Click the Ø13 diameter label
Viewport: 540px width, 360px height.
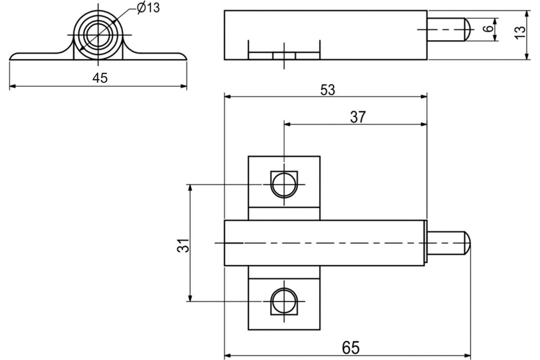(x=148, y=8)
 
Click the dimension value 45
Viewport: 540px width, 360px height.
(x=100, y=78)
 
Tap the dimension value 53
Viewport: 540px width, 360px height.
(x=328, y=90)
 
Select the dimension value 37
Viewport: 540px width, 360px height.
(x=358, y=117)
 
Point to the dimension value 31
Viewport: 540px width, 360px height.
(x=183, y=245)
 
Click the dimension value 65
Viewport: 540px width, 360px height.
(x=351, y=347)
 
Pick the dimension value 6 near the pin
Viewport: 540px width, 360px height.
(x=488, y=29)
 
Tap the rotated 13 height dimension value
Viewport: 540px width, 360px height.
(x=520, y=32)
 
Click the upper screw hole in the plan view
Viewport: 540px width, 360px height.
(x=284, y=184)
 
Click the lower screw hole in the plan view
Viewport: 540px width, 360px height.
(x=284, y=301)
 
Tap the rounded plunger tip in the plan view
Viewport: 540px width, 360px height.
(x=468, y=243)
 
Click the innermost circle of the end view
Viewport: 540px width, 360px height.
(x=98, y=35)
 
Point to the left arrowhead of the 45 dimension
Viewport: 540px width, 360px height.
(x=13, y=86)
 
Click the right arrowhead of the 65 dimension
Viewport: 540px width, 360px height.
(x=468, y=355)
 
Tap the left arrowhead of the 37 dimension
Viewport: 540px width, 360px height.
(x=288, y=124)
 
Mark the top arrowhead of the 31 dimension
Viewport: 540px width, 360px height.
(x=190, y=188)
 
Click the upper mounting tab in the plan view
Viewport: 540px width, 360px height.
(x=284, y=188)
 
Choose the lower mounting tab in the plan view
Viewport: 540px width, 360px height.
(x=284, y=298)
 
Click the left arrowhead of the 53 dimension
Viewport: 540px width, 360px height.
(x=228, y=97)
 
